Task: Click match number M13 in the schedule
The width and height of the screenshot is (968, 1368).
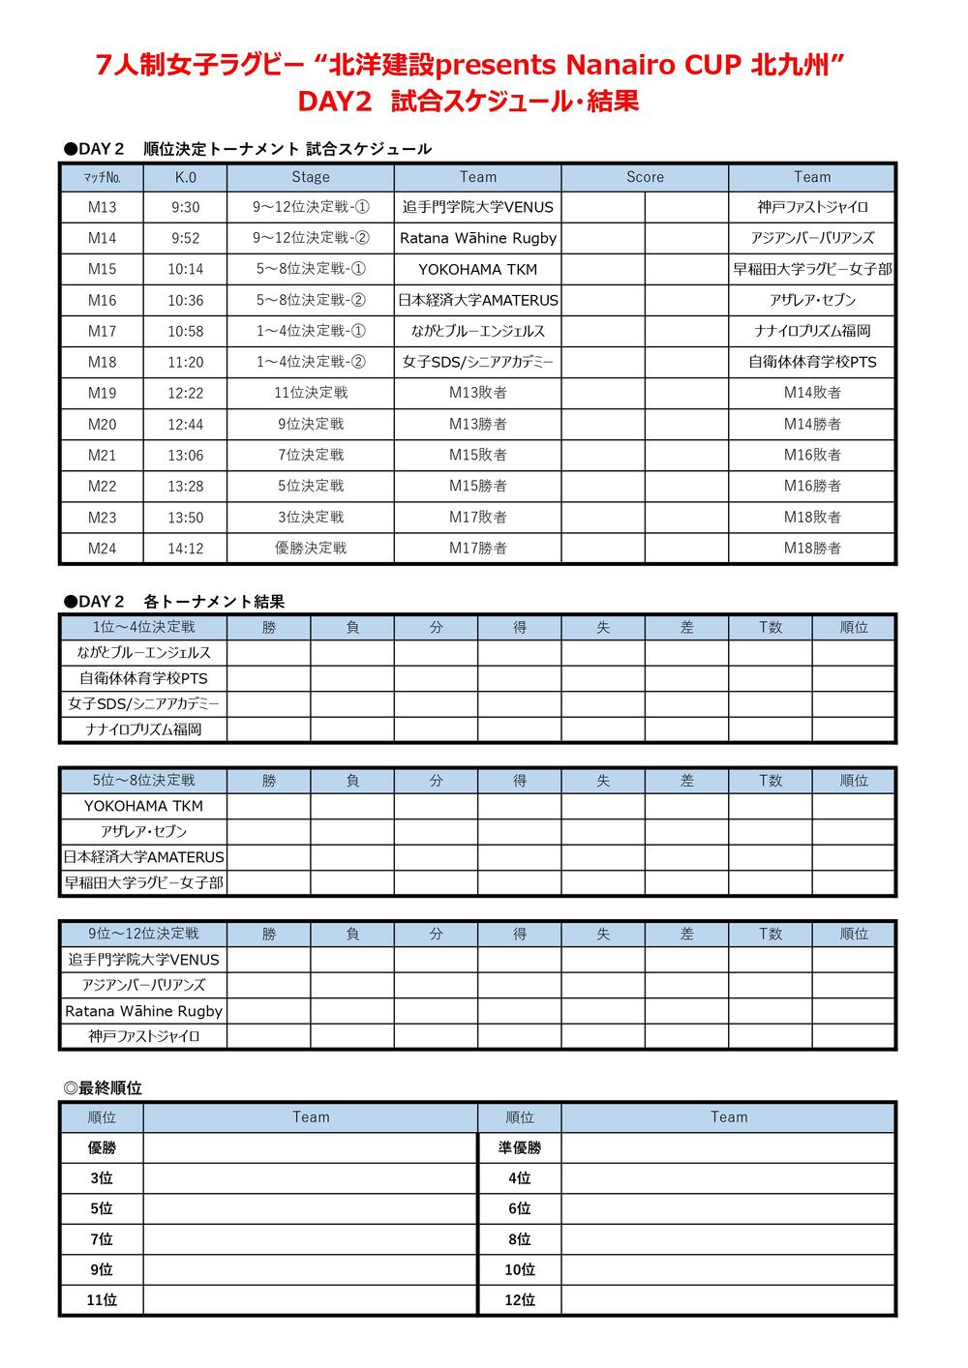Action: coord(102,207)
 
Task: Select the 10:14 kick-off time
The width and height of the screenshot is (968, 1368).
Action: coord(185,269)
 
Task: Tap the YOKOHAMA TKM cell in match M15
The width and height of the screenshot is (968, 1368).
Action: coord(478,269)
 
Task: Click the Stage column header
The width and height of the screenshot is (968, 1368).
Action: coord(311,177)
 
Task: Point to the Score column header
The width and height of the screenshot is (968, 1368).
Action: coord(645,177)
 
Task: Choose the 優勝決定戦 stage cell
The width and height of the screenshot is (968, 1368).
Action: coord(311,548)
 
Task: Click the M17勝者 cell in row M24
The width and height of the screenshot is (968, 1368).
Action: coord(478,548)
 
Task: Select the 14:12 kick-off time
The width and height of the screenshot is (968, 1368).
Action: coord(185,548)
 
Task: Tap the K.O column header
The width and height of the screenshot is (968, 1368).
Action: coord(185,177)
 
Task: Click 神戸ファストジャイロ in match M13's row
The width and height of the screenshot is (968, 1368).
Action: coord(812,207)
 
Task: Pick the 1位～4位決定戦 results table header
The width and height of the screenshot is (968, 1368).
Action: coord(143,627)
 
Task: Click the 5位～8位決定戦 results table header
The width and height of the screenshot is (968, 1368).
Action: coord(143,780)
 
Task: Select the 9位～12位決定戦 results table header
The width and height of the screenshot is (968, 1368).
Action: coord(143,934)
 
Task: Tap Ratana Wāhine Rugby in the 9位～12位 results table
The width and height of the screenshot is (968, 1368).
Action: coord(143,1011)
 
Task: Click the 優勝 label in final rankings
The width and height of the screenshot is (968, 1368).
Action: coord(102,1147)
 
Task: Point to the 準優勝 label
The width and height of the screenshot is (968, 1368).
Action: coord(520,1147)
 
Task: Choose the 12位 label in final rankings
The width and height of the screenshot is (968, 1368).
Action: coord(520,1300)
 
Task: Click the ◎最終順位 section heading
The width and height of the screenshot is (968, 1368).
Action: coord(103,1088)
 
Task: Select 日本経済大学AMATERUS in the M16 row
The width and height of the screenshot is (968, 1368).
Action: coord(478,300)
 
